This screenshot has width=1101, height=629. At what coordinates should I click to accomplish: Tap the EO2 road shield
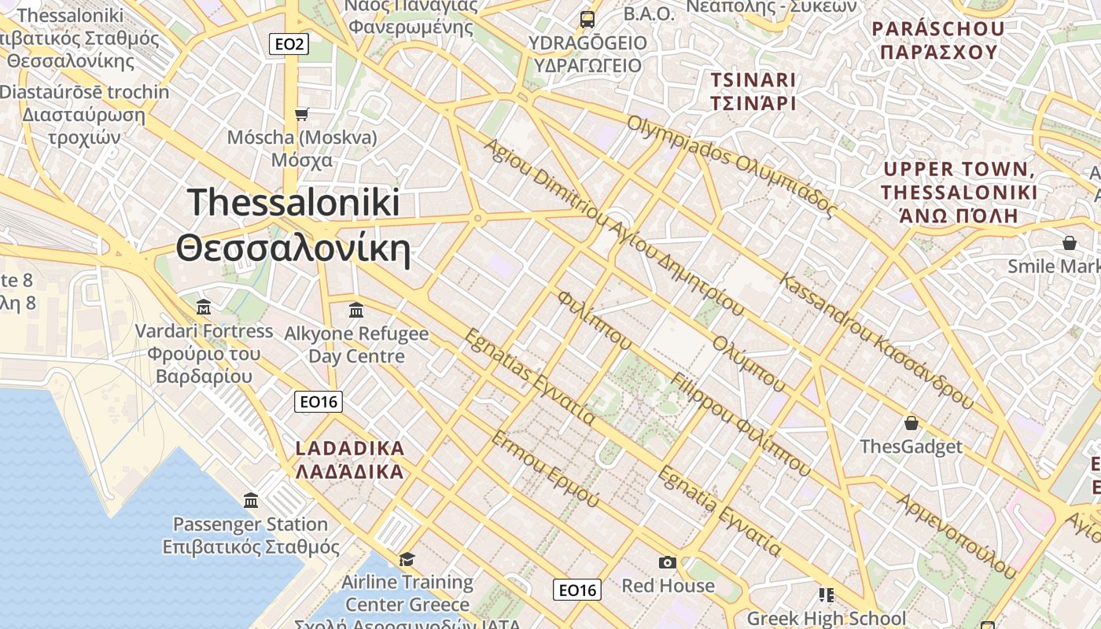tap(289, 44)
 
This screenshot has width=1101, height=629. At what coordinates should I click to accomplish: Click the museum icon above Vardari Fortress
tap(204, 306)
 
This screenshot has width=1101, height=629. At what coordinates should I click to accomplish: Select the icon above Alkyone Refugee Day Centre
tap(356, 310)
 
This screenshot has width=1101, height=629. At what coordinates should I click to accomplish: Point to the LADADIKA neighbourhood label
tap(350, 460)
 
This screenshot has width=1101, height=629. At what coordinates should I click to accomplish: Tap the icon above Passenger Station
tap(251, 500)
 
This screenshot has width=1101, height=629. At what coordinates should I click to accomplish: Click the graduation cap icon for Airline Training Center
tap(407, 559)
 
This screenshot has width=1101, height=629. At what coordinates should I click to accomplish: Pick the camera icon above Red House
tap(668, 562)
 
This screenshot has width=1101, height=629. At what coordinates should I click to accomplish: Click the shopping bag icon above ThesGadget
tap(911, 423)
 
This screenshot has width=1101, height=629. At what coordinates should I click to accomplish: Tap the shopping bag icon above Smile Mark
tap(1070, 243)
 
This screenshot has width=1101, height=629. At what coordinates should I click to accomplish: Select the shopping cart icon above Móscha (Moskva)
tap(301, 115)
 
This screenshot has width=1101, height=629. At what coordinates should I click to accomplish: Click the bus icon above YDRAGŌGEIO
tap(587, 19)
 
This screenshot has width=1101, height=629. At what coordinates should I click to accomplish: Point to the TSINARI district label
tap(753, 91)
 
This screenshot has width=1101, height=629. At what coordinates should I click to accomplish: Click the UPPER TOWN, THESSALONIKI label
tap(959, 192)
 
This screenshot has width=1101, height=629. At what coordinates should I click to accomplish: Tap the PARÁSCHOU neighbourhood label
tap(938, 41)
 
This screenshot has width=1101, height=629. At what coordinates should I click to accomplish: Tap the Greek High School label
tap(827, 619)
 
